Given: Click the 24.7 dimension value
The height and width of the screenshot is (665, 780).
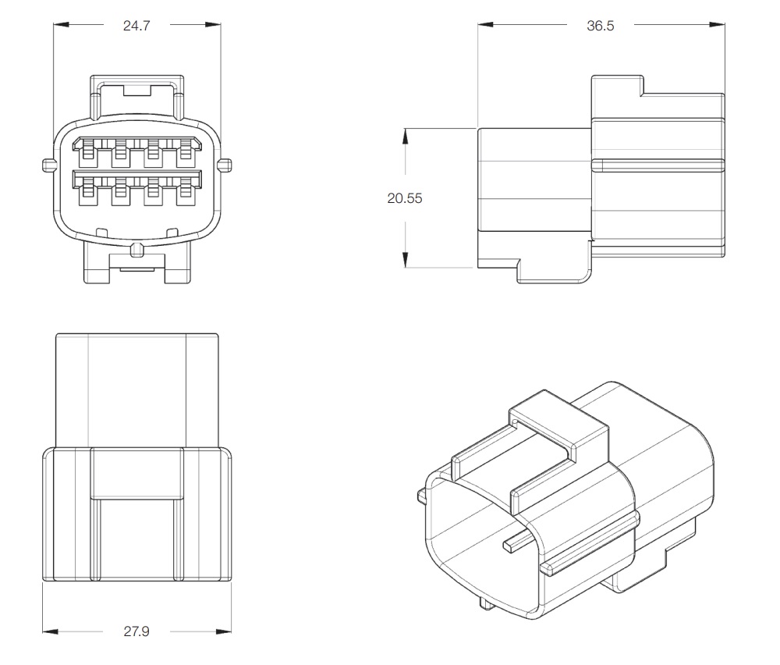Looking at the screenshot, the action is [136, 26].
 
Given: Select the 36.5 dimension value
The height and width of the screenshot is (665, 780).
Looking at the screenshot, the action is [601, 26].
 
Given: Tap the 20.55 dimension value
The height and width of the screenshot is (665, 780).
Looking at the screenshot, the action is [405, 198].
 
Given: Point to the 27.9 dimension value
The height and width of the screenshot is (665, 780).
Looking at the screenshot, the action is [136, 631].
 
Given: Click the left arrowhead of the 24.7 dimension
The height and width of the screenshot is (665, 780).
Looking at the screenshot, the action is [61, 24].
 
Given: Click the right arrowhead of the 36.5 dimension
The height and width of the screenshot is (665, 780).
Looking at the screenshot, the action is [717, 24].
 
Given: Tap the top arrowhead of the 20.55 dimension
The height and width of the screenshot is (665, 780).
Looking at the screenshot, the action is [406, 136].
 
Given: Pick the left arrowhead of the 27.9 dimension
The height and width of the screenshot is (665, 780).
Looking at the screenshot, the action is [50, 631].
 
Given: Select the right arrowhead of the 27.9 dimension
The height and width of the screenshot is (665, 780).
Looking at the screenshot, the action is [224, 631].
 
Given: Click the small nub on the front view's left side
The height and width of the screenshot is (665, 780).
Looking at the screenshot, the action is [48, 165].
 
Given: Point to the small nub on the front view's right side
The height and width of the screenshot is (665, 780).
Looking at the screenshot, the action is [225, 165].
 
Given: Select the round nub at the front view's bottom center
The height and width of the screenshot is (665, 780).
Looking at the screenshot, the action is [136, 250].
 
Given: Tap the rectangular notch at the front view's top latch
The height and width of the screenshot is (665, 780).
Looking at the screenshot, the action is [136, 90].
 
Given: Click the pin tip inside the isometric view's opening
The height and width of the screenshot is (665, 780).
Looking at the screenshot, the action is [509, 546].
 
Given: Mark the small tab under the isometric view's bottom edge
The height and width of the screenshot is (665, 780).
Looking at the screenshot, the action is [485, 603].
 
